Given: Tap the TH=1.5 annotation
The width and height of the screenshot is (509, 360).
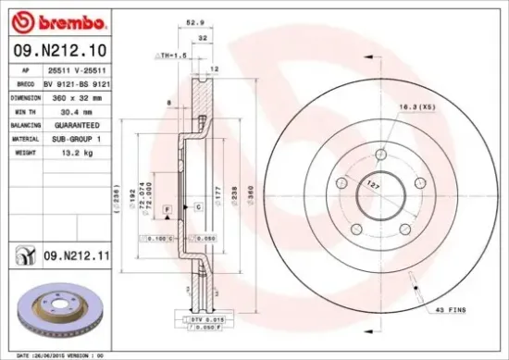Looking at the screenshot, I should coord(167,56).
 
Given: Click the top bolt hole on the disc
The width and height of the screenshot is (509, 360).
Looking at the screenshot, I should coord(379,154).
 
